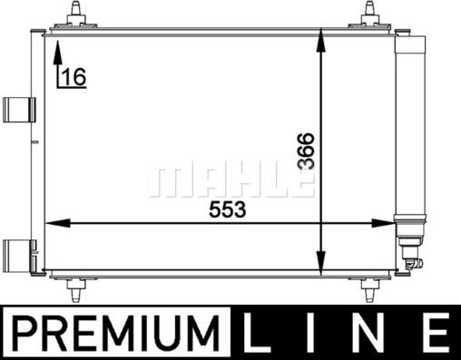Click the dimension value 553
(228, 209)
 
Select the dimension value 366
(306, 151)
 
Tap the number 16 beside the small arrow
(74, 77)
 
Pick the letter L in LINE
(256, 333)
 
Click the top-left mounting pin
(74, 15)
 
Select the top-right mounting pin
(370, 15)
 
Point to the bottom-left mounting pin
(75, 289)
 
